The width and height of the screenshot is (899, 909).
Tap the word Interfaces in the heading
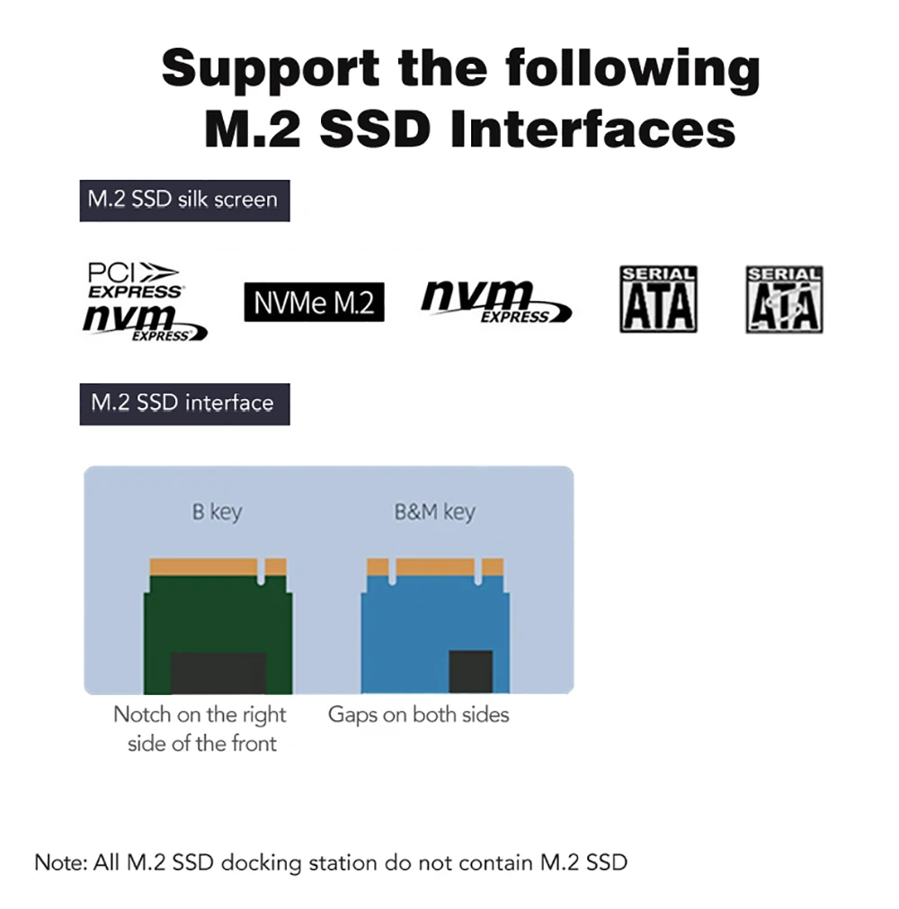click(x=592, y=129)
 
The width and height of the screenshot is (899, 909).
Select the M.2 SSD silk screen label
click(x=182, y=199)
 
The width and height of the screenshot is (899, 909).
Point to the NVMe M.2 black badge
click(x=314, y=303)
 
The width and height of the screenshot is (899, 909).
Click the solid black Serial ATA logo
click(x=658, y=299)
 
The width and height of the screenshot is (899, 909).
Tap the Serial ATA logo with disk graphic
click(x=784, y=299)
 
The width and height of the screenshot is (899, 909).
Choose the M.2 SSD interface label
click(x=182, y=402)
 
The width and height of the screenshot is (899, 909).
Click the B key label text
click(x=217, y=512)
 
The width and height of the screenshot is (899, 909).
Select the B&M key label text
click(x=434, y=512)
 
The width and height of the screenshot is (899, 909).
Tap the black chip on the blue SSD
click(x=470, y=671)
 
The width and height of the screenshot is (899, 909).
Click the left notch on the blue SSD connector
click(x=392, y=569)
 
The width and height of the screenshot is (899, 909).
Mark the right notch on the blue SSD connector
click(x=477, y=569)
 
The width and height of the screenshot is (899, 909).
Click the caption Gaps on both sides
click(x=418, y=715)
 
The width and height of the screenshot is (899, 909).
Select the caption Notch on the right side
click(x=200, y=728)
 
